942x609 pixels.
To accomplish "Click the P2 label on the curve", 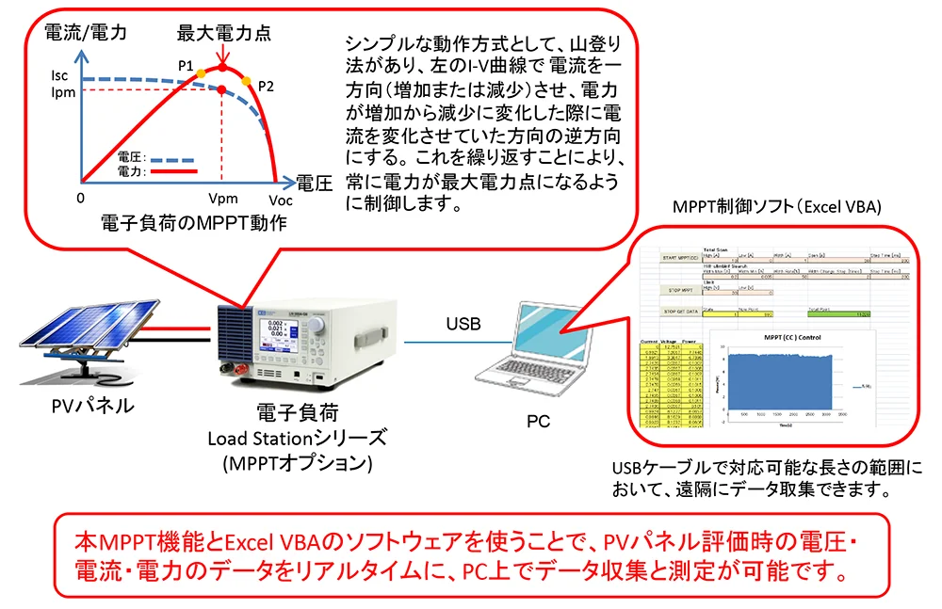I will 265,86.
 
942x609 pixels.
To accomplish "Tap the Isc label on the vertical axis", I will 61,75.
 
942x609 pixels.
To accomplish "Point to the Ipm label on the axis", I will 61,92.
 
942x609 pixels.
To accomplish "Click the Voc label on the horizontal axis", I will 280,200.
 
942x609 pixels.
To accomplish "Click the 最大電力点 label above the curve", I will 224,33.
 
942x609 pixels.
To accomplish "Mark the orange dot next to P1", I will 200,72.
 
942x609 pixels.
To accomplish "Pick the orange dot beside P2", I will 247,82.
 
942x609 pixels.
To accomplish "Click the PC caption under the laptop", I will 538,420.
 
